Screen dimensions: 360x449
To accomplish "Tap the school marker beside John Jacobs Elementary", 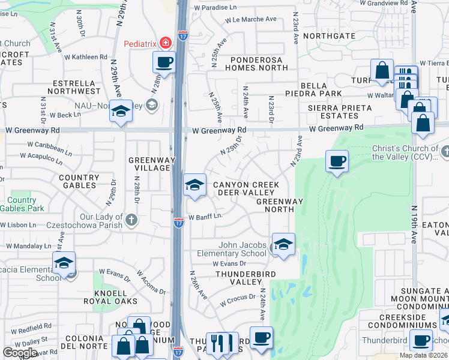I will pos(283,244).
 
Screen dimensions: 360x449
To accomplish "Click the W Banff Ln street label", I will pos(205,217).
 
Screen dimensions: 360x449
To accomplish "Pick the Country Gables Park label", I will pos(22,205).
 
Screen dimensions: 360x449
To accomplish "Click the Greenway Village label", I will pos(151,164).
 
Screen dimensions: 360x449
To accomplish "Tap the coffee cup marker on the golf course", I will pos(337,161).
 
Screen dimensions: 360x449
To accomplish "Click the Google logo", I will pos(20,353).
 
